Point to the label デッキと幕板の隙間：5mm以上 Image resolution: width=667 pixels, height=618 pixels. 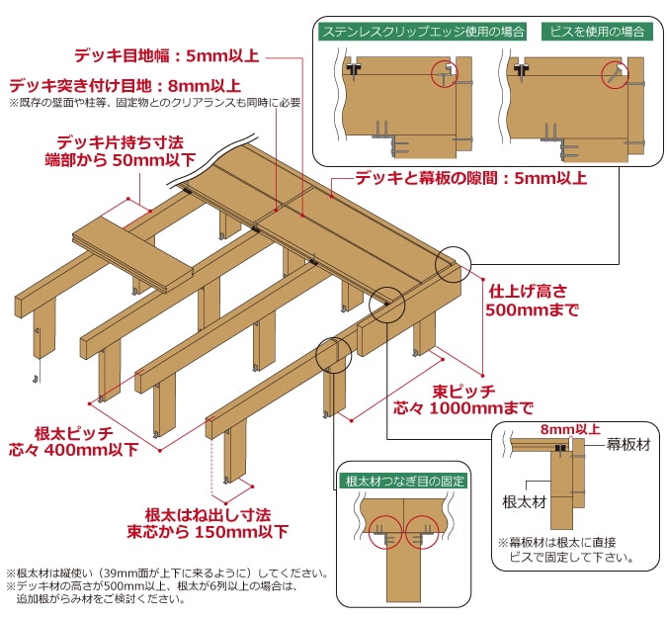(x=471, y=179)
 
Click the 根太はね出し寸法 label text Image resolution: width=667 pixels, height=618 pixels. (x=207, y=515)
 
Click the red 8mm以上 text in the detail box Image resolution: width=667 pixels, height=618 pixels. (x=570, y=429)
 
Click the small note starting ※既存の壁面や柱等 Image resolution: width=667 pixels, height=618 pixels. (x=154, y=102)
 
